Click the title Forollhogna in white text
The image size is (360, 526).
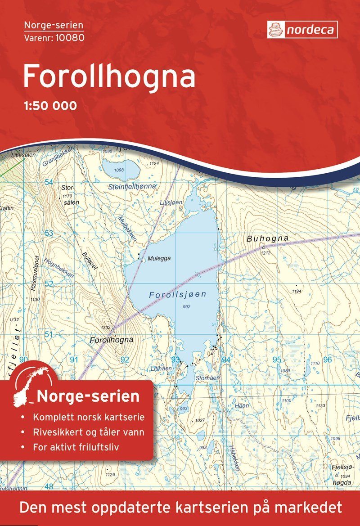coord(109,76)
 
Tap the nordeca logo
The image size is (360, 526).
coord(302,30)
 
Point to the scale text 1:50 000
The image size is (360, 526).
coord(49,106)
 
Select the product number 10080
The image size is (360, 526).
coord(68,37)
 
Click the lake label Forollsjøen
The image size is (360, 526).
coord(177,295)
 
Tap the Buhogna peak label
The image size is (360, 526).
coord(267,238)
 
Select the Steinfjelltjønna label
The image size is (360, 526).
coord(132,186)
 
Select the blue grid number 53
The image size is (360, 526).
coord(49,233)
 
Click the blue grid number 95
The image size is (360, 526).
coord(277,360)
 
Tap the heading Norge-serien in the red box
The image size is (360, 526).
coord(88,396)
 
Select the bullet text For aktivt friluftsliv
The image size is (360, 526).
coord(81,447)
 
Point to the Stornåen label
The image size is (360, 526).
coord(207,378)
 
